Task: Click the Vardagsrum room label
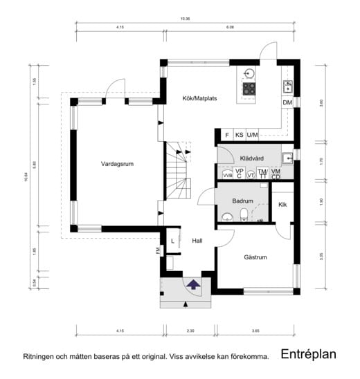coord(116,164)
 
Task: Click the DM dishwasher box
coord(287,103)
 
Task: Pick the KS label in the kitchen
coord(239,135)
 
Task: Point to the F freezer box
coord(226,135)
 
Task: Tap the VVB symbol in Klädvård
coord(228,176)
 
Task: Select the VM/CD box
coord(276,174)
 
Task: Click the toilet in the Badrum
coord(242,218)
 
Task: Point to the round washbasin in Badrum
coord(226,217)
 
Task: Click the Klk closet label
coord(282,205)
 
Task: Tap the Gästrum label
coord(255,257)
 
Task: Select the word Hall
coord(197,241)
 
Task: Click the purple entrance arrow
coord(193,284)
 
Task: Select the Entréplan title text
coord(308,354)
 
